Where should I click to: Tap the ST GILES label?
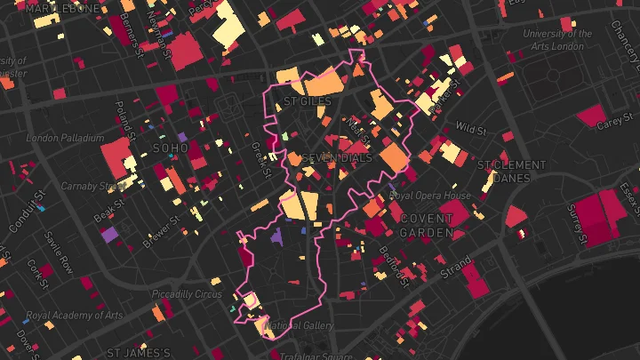point(307,102)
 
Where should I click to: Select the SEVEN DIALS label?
point(335,158)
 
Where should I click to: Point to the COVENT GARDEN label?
point(427,225)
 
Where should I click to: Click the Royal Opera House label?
point(430,196)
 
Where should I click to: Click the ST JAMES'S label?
point(138,353)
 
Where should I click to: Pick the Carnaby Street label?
point(92,187)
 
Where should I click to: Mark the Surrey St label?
point(580,223)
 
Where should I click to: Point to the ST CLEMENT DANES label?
point(511,172)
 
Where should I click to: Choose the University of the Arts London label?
point(559,41)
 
